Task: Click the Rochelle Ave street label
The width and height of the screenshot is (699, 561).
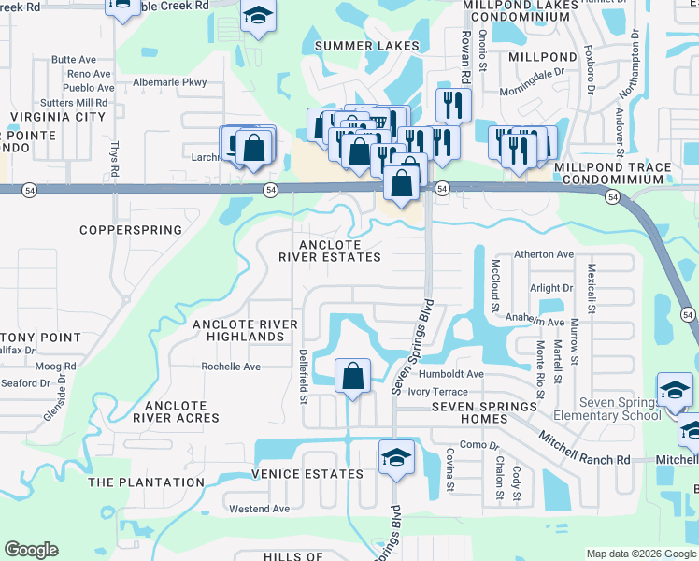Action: tap(231, 367)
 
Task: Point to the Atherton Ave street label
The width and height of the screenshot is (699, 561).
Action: tap(544, 254)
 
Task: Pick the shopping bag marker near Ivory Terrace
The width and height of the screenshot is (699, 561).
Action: tap(352, 377)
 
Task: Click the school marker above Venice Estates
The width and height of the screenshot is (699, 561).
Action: tap(396, 458)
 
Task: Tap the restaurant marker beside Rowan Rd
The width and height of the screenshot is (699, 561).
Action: tap(453, 106)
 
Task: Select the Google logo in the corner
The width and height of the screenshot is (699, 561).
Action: tap(31, 550)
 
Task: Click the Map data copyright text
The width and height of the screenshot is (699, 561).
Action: tap(641, 554)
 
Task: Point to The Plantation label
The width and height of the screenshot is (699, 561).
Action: tap(146, 482)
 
